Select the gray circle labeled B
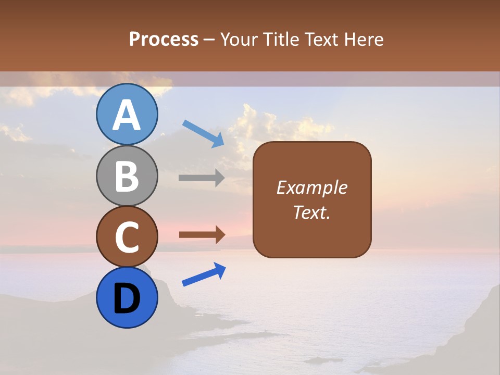(127, 176)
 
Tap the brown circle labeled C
(127, 236)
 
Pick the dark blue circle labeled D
(127, 297)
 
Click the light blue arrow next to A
(203, 133)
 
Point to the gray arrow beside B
(202, 178)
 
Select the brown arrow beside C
(202, 235)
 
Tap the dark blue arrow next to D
(204, 274)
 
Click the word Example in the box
(312, 187)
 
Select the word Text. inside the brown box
(312, 212)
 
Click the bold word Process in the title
(164, 39)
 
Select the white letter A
(127, 116)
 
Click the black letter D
(127, 298)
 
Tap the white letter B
(127, 177)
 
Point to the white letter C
(127, 238)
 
